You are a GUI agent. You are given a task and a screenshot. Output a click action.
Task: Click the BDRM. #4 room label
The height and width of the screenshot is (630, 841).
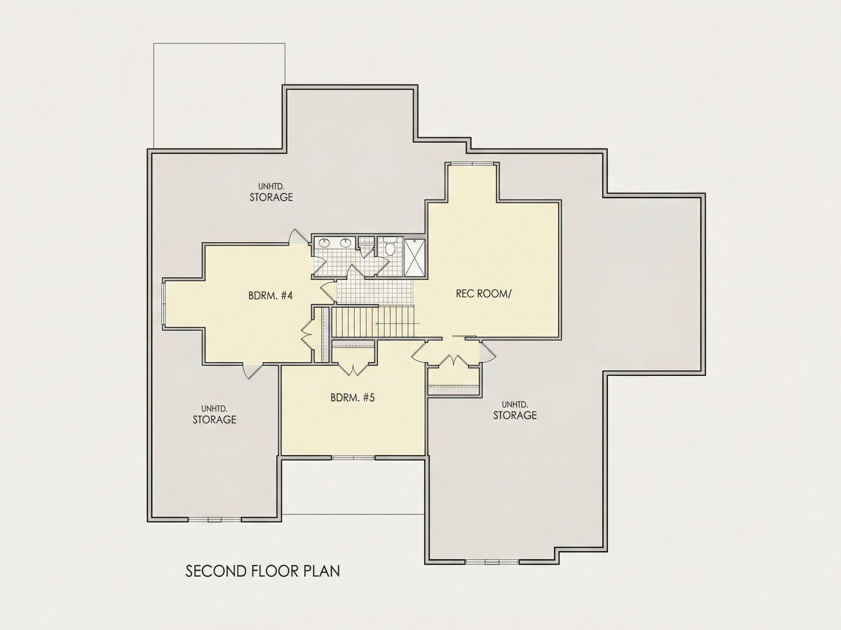(270, 295)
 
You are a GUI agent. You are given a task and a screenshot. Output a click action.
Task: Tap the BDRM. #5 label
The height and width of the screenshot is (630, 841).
(353, 398)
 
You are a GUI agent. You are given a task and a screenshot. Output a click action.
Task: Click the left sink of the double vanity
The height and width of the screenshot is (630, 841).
(324, 243)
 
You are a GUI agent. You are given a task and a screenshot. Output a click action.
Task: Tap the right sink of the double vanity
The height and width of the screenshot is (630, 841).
(346, 243)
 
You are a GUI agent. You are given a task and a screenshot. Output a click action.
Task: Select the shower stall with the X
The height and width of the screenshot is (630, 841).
(414, 258)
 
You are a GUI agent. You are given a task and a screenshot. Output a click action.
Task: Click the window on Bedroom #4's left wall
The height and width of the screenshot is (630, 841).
(164, 303)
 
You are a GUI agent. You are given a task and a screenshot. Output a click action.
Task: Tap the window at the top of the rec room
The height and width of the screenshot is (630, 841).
(472, 164)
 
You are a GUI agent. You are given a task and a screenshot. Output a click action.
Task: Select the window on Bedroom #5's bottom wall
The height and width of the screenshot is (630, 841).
(354, 458)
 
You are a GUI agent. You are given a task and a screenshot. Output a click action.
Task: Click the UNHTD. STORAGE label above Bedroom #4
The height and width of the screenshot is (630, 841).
(271, 192)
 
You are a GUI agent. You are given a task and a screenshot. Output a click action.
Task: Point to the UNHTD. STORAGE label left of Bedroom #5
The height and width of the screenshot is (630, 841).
(214, 414)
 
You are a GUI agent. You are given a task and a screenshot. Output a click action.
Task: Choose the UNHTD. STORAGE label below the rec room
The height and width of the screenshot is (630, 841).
(515, 410)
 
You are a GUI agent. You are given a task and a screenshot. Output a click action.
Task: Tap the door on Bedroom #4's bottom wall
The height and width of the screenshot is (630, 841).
(253, 371)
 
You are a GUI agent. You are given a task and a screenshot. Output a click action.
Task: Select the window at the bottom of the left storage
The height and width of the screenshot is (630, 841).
(215, 519)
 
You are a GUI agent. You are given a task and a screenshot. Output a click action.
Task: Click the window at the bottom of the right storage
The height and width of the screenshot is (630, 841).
(492, 562)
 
